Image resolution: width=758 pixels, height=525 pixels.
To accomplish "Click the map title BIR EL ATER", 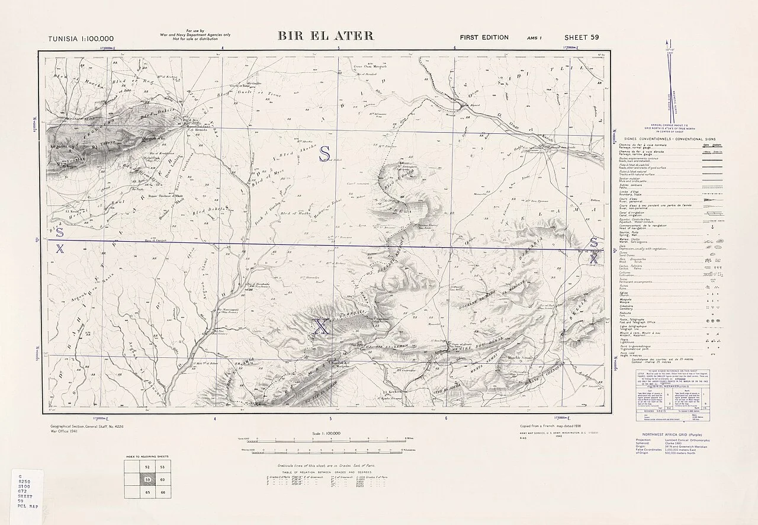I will click(x=326, y=36).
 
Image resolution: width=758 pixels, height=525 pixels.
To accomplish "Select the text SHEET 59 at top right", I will click(x=582, y=37).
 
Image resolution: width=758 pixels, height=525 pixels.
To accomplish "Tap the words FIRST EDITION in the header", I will click(x=484, y=37).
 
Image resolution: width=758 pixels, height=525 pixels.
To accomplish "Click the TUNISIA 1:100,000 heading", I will click(x=81, y=39).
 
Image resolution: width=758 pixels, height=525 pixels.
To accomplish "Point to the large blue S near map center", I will click(x=325, y=153).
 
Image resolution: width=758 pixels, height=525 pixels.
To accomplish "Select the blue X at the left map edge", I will click(x=59, y=249).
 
